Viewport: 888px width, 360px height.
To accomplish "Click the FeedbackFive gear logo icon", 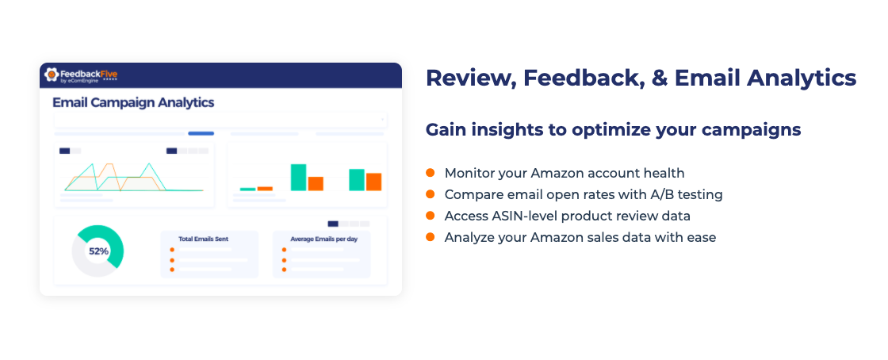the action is click(x=52, y=75).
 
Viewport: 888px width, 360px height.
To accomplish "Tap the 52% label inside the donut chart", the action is click(x=98, y=251).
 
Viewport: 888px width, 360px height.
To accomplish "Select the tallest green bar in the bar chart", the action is click(x=298, y=177).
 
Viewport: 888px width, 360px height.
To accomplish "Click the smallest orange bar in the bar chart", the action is click(x=265, y=189).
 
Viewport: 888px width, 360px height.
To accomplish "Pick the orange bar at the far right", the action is click(x=373, y=182).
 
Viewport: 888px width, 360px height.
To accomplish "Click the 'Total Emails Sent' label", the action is click(x=203, y=239).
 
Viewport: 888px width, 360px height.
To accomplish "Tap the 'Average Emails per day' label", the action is click(x=324, y=239).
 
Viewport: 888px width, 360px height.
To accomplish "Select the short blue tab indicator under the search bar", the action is click(x=201, y=133).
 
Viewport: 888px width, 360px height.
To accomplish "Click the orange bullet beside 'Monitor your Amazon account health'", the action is click(x=431, y=172).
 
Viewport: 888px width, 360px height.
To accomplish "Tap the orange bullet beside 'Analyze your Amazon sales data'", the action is click(x=431, y=236).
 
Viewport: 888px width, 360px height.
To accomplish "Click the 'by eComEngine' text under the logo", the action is click(x=79, y=80).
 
